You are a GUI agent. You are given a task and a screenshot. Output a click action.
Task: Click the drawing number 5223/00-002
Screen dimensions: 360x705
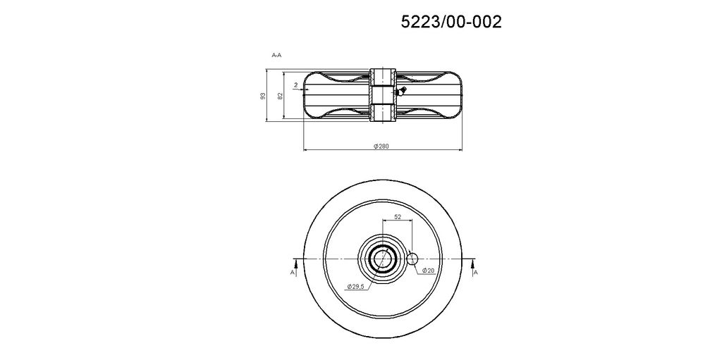pos(451,22)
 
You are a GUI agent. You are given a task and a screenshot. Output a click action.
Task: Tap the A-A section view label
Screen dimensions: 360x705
pos(277,54)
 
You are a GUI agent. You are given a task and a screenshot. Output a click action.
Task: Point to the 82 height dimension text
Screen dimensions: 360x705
pos(280,96)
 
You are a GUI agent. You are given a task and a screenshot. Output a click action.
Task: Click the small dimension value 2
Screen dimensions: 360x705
pos(295,85)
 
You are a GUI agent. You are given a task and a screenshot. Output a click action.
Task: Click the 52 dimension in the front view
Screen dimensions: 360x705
pos(398,218)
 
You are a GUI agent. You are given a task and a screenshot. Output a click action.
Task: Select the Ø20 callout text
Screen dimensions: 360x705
pos(428,271)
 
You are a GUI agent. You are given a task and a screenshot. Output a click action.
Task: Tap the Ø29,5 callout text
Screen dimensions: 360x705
pos(356,287)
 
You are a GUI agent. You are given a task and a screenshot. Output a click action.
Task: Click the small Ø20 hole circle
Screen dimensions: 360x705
pos(413,259)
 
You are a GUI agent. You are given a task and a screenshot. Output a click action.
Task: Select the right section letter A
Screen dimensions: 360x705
pos(475,271)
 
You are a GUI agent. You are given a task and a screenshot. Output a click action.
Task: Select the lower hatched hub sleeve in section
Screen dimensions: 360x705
pos(382,112)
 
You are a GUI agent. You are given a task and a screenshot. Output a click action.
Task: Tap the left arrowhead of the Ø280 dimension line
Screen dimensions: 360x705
pos(305,150)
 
